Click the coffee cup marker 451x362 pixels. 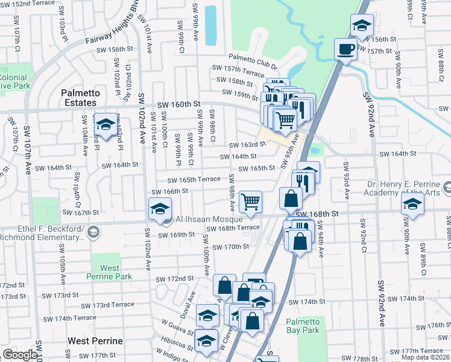click(x=346, y=48)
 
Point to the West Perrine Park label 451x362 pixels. click(x=109, y=271)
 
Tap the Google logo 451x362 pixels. click(x=19, y=355)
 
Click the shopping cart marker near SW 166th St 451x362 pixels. click(x=250, y=201)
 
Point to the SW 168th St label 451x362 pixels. click(x=330, y=214)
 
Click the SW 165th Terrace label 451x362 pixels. click(x=194, y=180)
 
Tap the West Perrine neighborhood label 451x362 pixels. click(x=95, y=341)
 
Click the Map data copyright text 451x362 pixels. click(x=424, y=357)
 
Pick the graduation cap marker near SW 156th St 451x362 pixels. click(x=361, y=25)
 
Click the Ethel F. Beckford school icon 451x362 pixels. click(x=93, y=232)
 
